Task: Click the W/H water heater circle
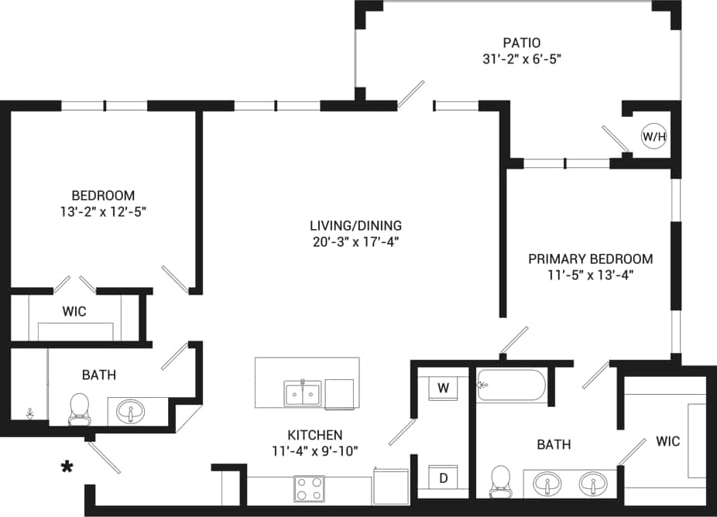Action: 654,137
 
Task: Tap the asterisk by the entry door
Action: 68,467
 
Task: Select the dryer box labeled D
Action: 443,478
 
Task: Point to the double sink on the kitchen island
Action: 303,393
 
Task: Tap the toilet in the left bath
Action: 79,408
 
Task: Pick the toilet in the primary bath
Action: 501,480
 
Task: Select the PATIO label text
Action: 520,43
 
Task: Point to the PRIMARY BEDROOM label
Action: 590,258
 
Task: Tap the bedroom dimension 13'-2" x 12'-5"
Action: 103,211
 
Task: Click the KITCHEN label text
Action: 315,435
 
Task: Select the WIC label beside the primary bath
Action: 667,441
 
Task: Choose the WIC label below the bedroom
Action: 74,311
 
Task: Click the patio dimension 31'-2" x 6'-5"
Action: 520,59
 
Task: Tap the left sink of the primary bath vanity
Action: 548,484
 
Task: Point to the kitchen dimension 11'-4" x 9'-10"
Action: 315,451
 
